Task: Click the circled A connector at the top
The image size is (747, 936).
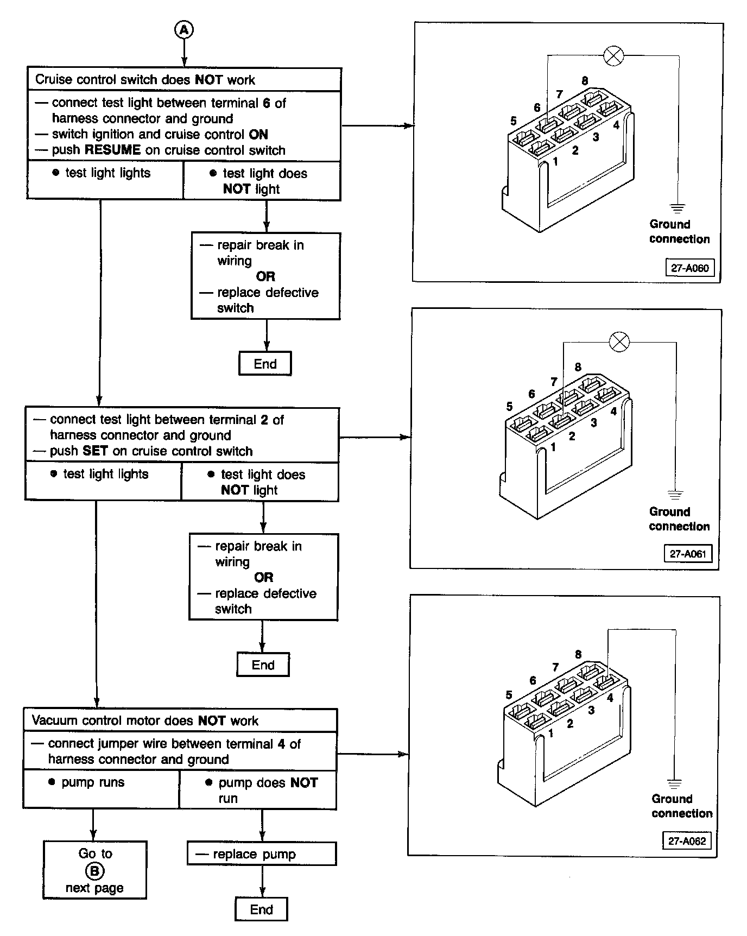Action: pos(184,30)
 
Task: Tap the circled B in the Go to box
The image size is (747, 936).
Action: pos(94,871)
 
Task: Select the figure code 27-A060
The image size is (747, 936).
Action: pos(689,268)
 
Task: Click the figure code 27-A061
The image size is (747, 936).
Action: pos(688,554)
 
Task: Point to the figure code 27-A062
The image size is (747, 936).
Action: pos(687,841)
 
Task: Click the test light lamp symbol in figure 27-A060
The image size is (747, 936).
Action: pos(614,55)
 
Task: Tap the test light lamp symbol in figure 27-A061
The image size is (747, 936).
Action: pos(619,342)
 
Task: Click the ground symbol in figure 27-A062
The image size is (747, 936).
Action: pos(674,784)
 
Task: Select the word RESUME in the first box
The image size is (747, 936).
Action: pos(112,150)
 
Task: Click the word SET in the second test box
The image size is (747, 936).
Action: pos(95,451)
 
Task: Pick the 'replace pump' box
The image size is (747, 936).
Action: pos(262,854)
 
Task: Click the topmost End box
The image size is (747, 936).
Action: pos(265,364)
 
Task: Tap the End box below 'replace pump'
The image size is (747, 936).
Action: pos(261,909)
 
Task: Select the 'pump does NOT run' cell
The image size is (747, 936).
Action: pos(258,790)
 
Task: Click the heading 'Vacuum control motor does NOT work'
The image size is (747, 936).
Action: pos(145,720)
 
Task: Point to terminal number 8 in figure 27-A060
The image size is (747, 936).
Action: pos(585,81)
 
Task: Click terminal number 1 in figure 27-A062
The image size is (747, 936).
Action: pos(550,733)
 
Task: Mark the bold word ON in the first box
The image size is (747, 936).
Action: pos(258,135)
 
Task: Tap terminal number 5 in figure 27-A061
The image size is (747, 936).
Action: pos(509,406)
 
